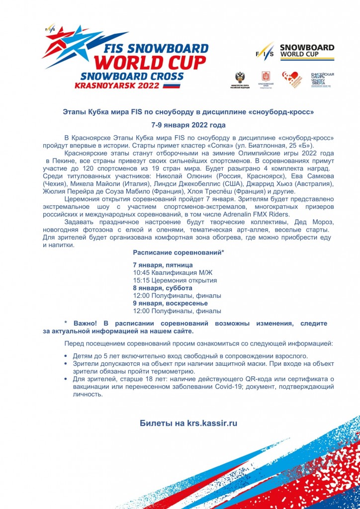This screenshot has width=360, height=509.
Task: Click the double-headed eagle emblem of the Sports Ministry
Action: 241,77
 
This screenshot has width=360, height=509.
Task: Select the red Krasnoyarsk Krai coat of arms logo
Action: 266,77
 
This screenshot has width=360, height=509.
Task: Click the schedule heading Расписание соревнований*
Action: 179,253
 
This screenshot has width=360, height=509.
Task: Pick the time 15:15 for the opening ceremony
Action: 141,280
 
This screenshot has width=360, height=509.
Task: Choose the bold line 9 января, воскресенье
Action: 170,303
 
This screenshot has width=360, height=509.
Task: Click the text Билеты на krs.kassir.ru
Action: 188,424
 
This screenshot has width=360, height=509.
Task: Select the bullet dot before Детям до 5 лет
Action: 67,356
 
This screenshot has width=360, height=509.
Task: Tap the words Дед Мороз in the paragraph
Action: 316,222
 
